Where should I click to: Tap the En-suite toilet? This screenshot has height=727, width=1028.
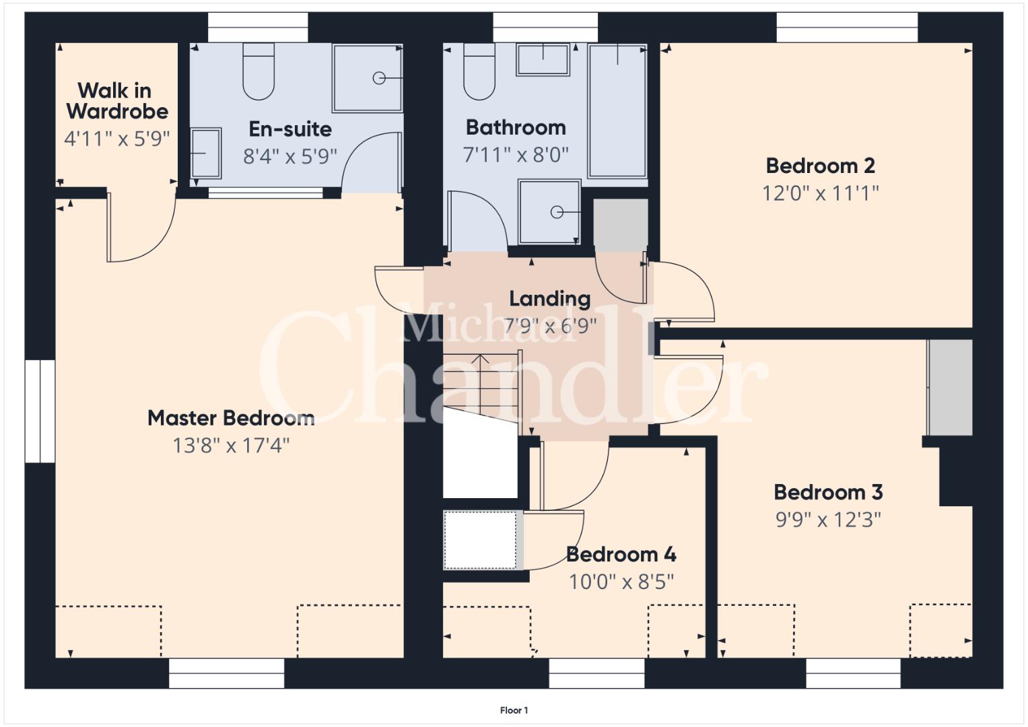(259, 71)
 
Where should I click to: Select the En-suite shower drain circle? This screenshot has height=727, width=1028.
(379, 78)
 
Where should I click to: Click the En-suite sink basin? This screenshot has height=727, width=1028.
(206, 153)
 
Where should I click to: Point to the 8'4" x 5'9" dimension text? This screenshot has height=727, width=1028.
(290, 156)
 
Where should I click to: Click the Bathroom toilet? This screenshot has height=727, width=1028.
(479, 71)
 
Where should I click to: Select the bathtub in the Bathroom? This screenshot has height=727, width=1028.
(618, 110)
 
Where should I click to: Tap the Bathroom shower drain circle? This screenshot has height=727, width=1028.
(557, 212)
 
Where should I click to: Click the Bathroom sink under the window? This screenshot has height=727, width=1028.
(543, 59)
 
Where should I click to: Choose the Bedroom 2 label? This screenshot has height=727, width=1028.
(821, 166)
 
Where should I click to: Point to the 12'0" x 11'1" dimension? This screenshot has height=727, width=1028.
(821, 193)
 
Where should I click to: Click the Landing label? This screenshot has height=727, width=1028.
(550, 299)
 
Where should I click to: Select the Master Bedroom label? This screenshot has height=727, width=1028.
(231, 418)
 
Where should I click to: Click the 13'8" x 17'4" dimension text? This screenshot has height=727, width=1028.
(231, 445)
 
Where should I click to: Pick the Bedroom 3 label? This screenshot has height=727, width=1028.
(828, 492)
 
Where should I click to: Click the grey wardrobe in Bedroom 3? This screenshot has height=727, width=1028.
(949, 387)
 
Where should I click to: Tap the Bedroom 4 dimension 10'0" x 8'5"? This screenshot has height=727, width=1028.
(621, 582)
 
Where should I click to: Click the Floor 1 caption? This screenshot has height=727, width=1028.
(514, 710)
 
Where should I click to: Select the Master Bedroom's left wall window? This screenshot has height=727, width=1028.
(40, 411)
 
